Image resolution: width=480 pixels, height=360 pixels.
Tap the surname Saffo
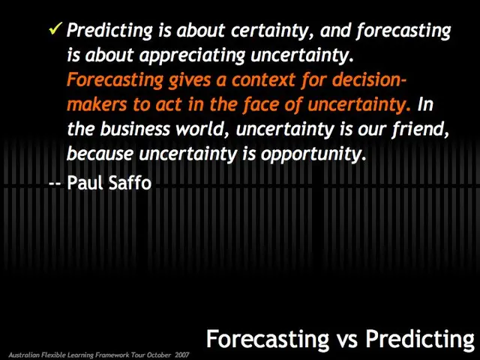[129, 182]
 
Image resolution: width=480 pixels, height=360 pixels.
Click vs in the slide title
[346, 339]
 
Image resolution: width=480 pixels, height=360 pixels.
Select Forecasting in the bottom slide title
[267, 339]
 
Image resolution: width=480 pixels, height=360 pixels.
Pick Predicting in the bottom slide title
[420, 339]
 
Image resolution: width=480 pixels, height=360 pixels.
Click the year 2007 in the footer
[181, 354]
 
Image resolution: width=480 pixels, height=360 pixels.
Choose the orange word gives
[171, 79]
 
